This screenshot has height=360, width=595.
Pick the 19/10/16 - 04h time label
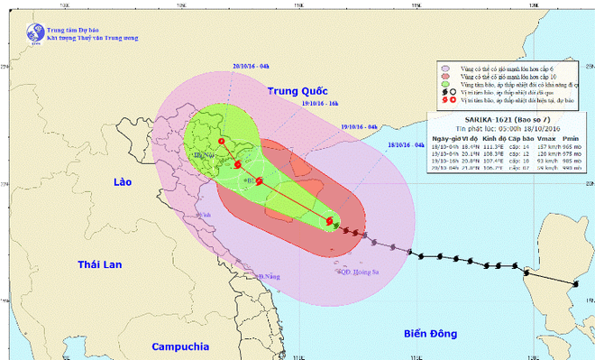[x=361, y=127]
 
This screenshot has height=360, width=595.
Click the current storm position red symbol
[x=329, y=220]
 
